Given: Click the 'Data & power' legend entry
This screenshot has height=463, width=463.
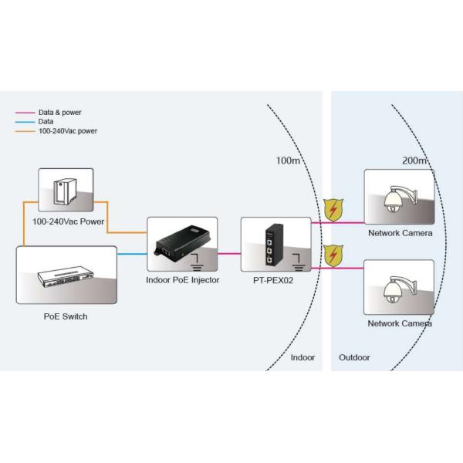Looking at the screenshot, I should click(59, 113).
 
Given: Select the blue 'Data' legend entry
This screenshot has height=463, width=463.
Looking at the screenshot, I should click(47, 122).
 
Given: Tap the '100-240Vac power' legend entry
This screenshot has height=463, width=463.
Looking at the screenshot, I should click(67, 131).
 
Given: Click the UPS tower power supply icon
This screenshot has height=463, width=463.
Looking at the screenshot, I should click(66, 191).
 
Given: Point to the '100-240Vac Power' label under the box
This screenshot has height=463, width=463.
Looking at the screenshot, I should click(68, 221).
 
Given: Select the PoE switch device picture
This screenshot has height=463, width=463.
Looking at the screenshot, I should click(66, 275).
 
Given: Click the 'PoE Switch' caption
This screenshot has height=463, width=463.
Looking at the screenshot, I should click(66, 316).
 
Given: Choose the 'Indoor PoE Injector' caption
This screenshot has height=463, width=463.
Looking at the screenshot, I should click(183, 280).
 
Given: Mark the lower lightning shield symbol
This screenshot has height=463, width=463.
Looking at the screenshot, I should click(333, 255).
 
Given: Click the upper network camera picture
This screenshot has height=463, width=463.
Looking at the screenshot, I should click(399, 198).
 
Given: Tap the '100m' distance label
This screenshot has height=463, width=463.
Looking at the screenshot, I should click(288, 161).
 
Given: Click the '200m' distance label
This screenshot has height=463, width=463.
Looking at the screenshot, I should click(414, 161).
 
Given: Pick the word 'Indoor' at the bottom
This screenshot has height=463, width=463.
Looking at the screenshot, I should click(302, 358).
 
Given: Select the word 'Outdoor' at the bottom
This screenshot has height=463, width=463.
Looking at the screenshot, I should click(355, 358).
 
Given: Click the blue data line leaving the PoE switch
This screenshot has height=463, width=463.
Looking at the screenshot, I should click(132, 253).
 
